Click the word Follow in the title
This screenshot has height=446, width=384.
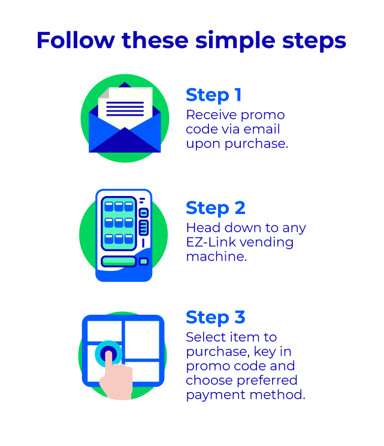pyautogui.click(x=75, y=40)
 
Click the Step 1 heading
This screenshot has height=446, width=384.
pyautogui.click(x=214, y=95)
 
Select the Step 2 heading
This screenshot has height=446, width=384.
pyautogui.click(x=216, y=208)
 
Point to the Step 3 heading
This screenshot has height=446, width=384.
pyautogui.click(x=216, y=318)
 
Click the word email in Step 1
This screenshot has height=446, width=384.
pyautogui.click(x=262, y=129)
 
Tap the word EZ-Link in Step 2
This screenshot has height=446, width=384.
pyautogui.click(x=211, y=242)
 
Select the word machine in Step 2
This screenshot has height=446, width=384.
pyautogui.click(x=216, y=257)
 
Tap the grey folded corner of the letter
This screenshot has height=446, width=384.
pyautogui.click(x=104, y=93)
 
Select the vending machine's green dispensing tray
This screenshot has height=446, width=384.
pyautogui.click(x=119, y=261)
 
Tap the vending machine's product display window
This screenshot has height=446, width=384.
pyautogui.click(x=119, y=223)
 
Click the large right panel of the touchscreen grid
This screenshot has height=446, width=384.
pyautogui.click(x=142, y=340)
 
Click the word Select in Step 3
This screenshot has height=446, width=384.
pyautogui.click(x=206, y=337)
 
